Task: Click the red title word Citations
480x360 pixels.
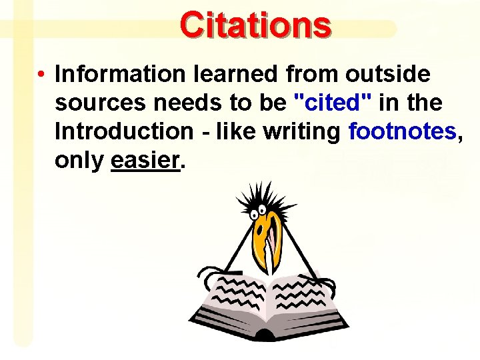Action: [x=255, y=25]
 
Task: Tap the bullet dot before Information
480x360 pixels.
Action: [x=41, y=75]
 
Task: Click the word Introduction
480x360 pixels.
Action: [x=124, y=132]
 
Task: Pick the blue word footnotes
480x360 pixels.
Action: [x=402, y=132]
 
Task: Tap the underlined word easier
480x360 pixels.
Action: [x=145, y=161]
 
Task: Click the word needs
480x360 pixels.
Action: [x=182, y=103]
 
